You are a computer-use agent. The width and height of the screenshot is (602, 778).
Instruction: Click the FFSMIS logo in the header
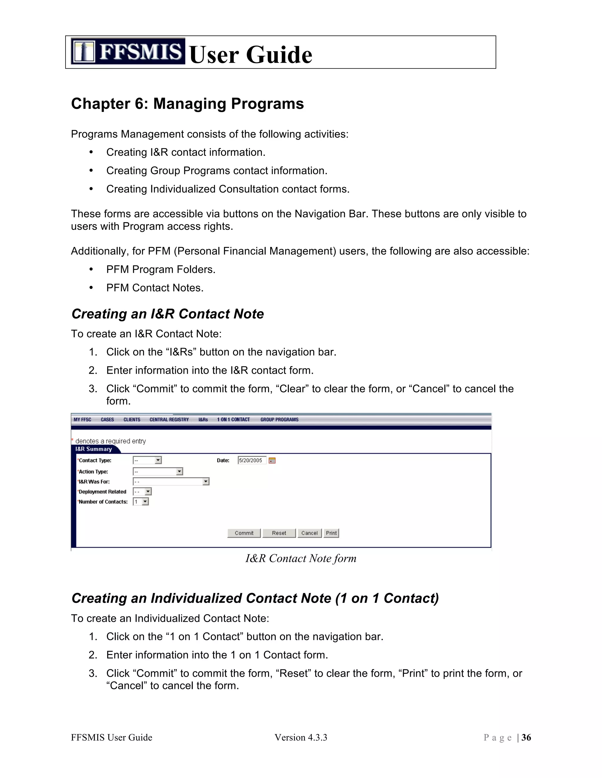click(x=128, y=51)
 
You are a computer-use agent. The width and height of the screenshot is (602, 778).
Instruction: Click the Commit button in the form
click(x=244, y=533)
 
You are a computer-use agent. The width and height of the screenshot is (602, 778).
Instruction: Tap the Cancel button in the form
click(x=309, y=533)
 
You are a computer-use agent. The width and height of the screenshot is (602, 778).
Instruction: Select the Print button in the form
click(x=331, y=533)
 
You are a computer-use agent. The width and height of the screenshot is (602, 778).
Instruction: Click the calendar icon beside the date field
click(x=272, y=460)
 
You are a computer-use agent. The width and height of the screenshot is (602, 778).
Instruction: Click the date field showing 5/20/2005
click(x=251, y=460)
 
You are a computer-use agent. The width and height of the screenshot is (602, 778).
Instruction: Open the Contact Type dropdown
click(x=147, y=460)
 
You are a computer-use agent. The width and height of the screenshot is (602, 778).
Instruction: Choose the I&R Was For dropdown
click(x=171, y=481)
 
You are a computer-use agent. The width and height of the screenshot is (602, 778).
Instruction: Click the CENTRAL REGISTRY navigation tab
click(x=169, y=420)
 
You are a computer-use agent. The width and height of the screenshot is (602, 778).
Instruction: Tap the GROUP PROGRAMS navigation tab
click(x=279, y=420)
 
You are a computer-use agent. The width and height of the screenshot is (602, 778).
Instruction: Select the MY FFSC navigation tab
click(x=82, y=420)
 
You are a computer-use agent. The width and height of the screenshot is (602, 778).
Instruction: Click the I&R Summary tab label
click(x=93, y=449)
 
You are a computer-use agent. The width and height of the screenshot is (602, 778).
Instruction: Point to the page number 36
click(x=526, y=737)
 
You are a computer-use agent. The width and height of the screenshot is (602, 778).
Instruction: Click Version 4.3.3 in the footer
click(x=301, y=737)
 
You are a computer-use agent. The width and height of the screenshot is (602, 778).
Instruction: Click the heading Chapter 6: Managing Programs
click(x=187, y=104)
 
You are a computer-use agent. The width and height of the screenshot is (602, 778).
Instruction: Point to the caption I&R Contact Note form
click(x=301, y=558)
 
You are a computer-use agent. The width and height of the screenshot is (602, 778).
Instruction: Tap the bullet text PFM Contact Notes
click(x=155, y=287)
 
